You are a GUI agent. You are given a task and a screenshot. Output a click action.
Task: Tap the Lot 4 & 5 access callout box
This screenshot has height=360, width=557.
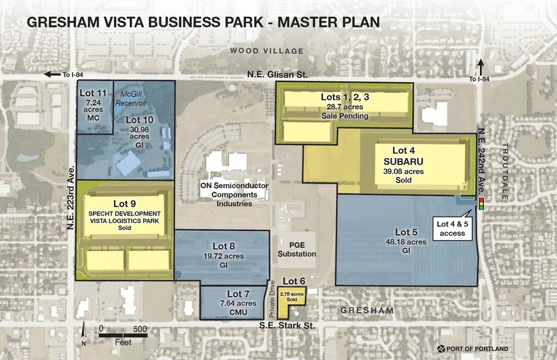[x=451, y=227]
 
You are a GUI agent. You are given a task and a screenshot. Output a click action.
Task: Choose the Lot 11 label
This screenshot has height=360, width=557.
[x=94, y=92]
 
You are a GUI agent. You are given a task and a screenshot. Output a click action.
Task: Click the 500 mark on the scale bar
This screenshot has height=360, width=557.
[x=140, y=328]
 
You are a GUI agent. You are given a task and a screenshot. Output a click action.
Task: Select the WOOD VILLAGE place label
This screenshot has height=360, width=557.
[x=275, y=50]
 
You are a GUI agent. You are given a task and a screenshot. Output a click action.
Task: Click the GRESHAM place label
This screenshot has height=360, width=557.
[x=368, y=311]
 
